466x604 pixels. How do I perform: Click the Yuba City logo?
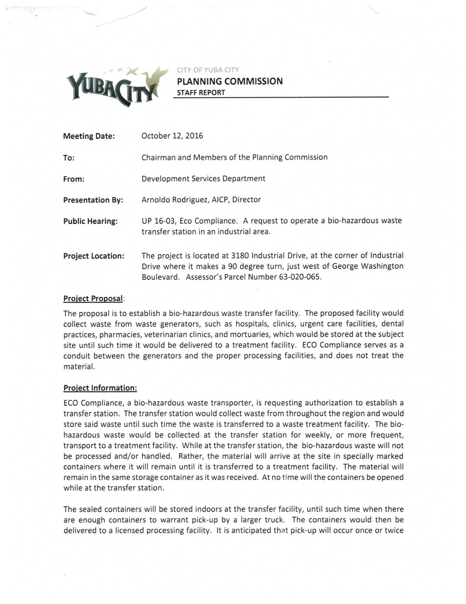(x=116, y=86)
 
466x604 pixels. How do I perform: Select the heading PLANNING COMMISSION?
(x=230, y=82)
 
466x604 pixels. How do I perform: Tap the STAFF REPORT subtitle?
(x=201, y=93)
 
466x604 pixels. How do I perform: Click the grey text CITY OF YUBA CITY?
(x=208, y=70)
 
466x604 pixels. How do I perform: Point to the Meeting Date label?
(x=89, y=136)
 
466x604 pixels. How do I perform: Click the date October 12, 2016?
(x=172, y=136)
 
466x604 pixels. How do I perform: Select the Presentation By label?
(x=93, y=200)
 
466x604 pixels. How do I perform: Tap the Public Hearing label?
(x=90, y=221)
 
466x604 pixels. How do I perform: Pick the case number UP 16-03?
(x=158, y=221)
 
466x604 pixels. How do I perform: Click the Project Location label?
(x=94, y=256)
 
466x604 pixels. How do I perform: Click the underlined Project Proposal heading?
(x=93, y=298)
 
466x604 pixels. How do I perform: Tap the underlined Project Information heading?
(x=100, y=388)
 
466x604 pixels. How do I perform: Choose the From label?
(x=74, y=179)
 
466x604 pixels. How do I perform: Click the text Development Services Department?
(x=203, y=179)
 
